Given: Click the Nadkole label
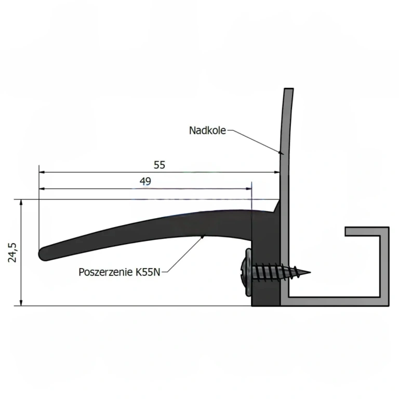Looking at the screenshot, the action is [207, 130].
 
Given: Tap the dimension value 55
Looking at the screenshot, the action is [159, 165].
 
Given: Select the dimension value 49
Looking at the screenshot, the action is [145, 181].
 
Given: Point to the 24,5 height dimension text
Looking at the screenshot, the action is [12, 252].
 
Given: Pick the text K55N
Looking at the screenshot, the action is [148, 272].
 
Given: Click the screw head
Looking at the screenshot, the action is [246, 273].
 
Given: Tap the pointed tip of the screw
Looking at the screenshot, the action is [310, 273].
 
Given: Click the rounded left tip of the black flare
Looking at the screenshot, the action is [41, 254].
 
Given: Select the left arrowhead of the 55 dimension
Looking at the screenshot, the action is [42, 172].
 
